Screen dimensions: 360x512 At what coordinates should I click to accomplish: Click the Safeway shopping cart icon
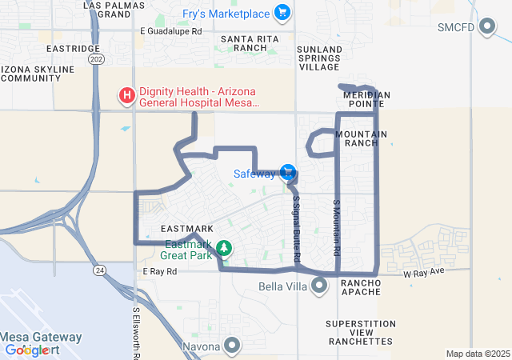(x=288, y=172)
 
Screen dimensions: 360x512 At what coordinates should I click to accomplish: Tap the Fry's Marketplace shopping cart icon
(x=281, y=13)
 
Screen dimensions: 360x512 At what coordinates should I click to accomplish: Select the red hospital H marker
(x=126, y=97)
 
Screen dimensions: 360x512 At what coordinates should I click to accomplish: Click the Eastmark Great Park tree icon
(x=226, y=248)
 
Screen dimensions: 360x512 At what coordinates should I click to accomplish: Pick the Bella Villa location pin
(x=320, y=286)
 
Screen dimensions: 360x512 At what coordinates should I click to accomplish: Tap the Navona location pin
(x=232, y=346)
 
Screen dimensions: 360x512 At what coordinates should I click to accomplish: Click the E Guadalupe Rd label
(x=170, y=31)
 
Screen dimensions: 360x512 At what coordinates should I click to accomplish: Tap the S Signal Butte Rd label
(x=296, y=229)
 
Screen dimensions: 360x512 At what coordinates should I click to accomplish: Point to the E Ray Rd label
(x=159, y=272)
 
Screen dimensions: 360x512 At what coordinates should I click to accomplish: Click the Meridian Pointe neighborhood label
(x=366, y=99)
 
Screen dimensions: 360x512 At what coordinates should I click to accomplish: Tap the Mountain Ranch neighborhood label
(x=362, y=138)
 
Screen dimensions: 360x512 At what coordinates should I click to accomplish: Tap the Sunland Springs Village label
(x=319, y=58)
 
